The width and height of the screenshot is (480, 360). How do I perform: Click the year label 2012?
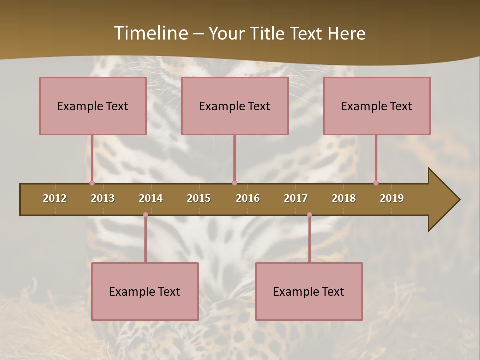pyautogui.click(x=55, y=198)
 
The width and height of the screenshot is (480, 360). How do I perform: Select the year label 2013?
pyautogui.click(x=103, y=198)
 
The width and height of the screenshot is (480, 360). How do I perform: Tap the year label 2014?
pyautogui.click(x=151, y=198)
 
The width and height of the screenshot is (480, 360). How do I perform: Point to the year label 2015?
pyautogui.click(x=199, y=198)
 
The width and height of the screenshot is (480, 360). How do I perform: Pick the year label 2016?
pyautogui.click(x=248, y=198)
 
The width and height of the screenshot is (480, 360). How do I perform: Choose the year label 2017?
pyautogui.click(x=296, y=198)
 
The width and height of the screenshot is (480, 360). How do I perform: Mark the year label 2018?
pyautogui.click(x=344, y=198)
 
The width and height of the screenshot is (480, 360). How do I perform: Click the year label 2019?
pyautogui.click(x=392, y=198)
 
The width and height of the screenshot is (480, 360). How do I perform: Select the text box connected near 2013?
pyautogui.click(x=93, y=106)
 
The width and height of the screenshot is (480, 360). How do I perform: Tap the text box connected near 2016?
pyautogui.click(x=235, y=106)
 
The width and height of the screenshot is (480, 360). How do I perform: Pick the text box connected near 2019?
pyautogui.click(x=377, y=106)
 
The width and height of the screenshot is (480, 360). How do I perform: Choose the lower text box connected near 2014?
pyautogui.click(x=145, y=291)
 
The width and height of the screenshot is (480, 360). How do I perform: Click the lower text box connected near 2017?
pyautogui.click(x=309, y=291)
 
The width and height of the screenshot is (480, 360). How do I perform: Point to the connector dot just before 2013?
pyautogui.click(x=92, y=183)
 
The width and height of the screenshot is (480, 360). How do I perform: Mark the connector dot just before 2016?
pyautogui.click(x=234, y=183)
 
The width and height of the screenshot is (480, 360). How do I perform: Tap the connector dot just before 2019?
pyautogui.click(x=376, y=183)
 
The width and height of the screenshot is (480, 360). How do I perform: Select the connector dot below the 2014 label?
pyautogui.click(x=145, y=215)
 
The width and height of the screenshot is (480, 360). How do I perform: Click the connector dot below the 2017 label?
pyautogui.click(x=309, y=215)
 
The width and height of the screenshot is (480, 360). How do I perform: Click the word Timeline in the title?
pyautogui.click(x=150, y=33)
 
